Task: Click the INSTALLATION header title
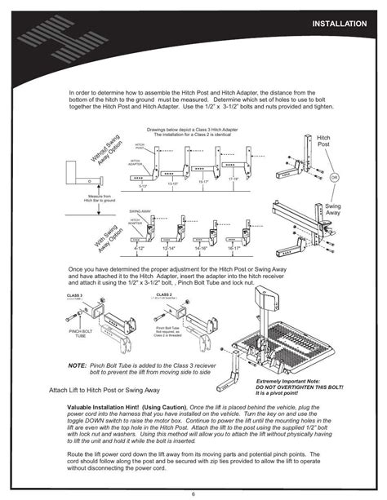[338, 24]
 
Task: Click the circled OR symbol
[334, 175]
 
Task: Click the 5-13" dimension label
[144, 186]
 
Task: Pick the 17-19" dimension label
[234, 179]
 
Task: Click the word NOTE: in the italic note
[78, 369]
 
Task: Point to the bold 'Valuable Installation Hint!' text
[104, 405]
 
